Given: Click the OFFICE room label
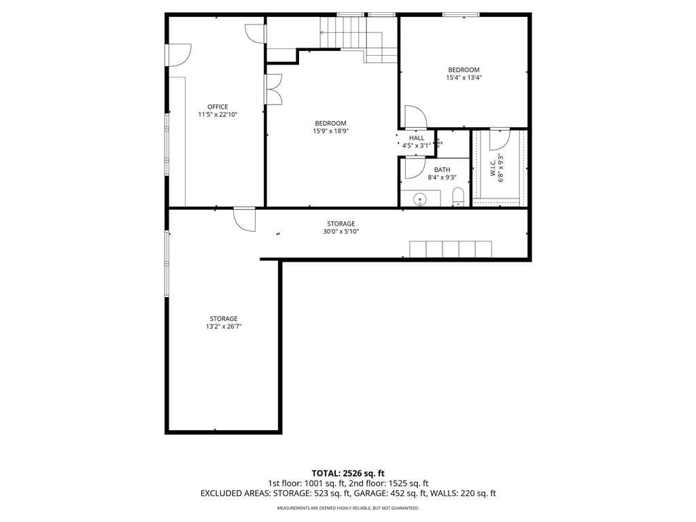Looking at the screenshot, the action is pos(217,107).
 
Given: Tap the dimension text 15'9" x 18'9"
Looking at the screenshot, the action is pos(331,131).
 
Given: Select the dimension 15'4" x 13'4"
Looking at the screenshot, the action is pos(464,77).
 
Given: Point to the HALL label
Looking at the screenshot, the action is pos(417,138).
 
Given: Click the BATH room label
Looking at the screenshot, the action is pos(442,169).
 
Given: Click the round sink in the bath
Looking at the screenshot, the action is pos(419,200).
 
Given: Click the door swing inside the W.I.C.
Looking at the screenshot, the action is pos(499,139).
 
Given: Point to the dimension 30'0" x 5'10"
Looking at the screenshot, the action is pos(341,231).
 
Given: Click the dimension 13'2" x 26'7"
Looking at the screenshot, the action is pos(224,326).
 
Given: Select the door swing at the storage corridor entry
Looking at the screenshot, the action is pos(245,220).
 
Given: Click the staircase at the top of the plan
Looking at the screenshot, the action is pos(359,39).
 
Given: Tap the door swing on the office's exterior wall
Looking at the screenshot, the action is pos(179,55).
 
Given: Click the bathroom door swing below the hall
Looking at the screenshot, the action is pos(415,168).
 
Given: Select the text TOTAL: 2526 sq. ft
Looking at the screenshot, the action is pos(347,473).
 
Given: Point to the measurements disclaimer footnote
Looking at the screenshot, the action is pos(348,508).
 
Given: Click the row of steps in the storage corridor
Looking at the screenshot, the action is pos(451,249).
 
